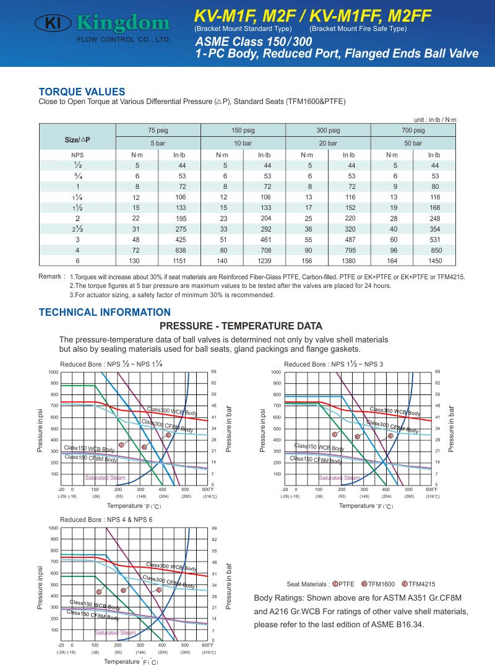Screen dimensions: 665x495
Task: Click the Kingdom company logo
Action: click(x=103, y=25)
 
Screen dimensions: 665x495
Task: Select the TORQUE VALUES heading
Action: click(x=82, y=92)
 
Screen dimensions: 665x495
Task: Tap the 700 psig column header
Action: click(x=413, y=130)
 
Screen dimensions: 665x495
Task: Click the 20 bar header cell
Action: click(x=328, y=143)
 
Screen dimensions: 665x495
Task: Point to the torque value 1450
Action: click(x=435, y=261)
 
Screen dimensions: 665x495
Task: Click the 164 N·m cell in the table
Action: click(x=392, y=261)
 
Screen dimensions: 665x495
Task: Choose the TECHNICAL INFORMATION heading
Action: click(x=105, y=312)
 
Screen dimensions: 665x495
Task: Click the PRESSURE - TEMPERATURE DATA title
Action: click(x=241, y=326)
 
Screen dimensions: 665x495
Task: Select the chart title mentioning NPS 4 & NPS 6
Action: click(x=106, y=519)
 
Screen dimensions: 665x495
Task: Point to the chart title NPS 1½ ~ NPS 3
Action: click(x=334, y=364)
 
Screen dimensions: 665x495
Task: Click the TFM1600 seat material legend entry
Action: click(x=378, y=584)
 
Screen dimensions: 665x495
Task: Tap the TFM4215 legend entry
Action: click(x=420, y=584)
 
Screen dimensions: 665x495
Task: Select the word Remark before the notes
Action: click(x=51, y=276)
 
